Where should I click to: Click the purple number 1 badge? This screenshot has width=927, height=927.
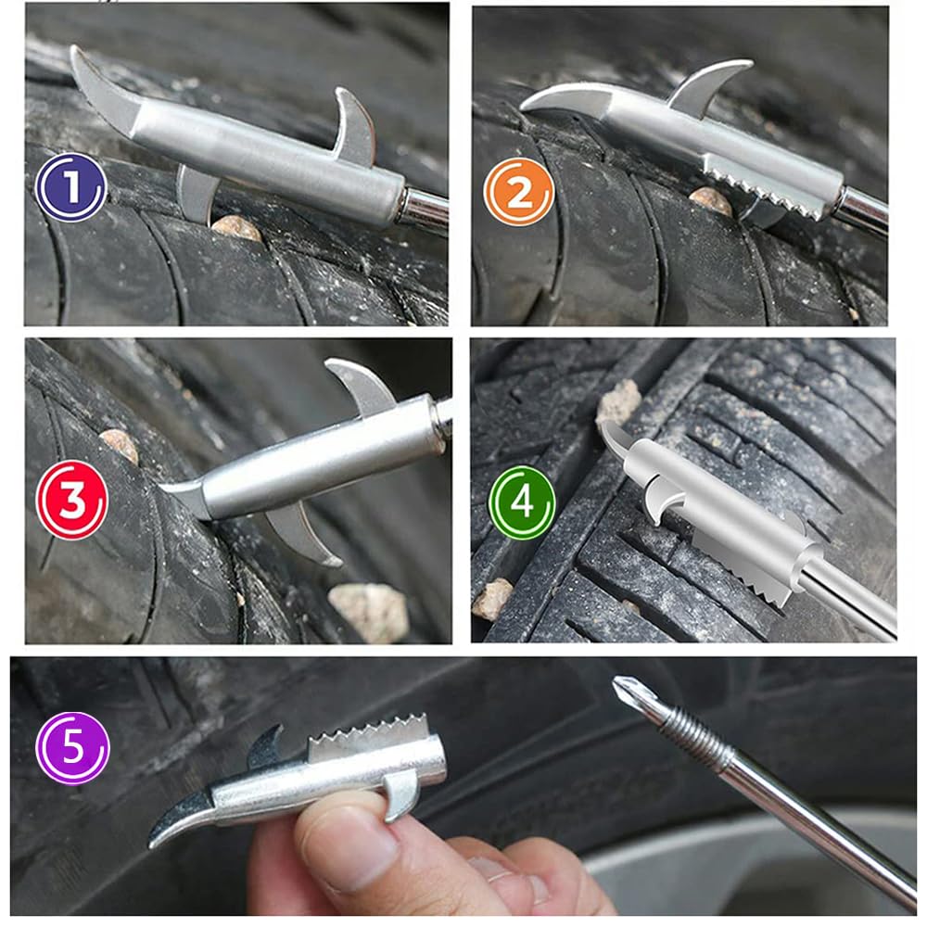click(70, 187)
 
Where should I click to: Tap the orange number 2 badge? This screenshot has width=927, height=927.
click(519, 192)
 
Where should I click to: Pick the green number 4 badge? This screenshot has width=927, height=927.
click(522, 504)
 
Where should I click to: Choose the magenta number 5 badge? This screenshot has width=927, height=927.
click(72, 748)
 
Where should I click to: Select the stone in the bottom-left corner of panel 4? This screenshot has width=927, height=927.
click(493, 599)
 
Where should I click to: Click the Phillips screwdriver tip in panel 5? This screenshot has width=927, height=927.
click(631, 694)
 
